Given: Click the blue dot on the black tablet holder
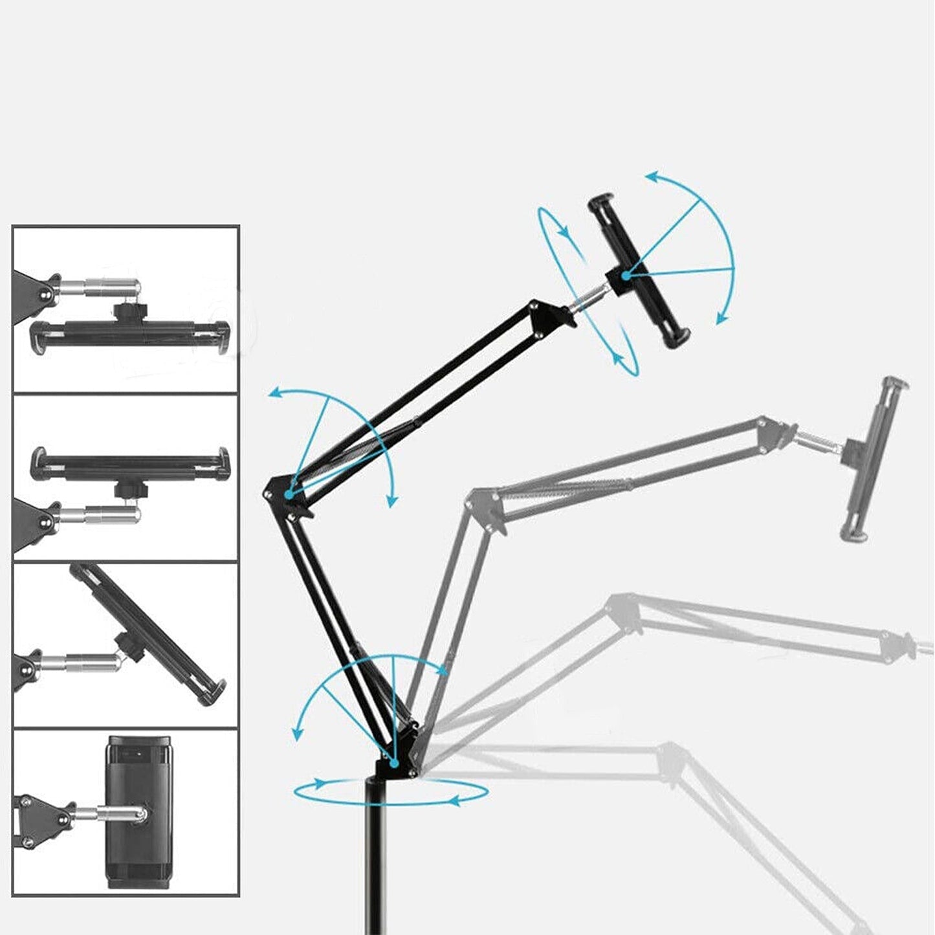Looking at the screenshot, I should [x=626, y=276].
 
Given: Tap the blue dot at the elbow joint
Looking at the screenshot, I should [x=287, y=494].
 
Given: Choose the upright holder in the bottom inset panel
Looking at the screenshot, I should [x=131, y=812].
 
